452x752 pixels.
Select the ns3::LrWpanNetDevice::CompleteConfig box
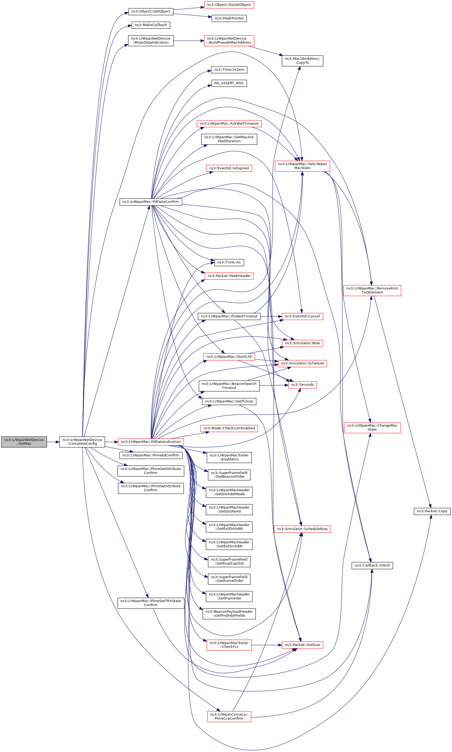pyautogui.click(x=82, y=442)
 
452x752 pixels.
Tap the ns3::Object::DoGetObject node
pyautogui.click(x=229, y=5)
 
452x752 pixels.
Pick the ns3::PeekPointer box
pyautogui.click(x=229, y=18)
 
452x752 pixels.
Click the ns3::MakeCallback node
pyautogui.click(x=151, y=25)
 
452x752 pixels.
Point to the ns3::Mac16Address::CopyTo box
pyautogui.click(x=302, y=61)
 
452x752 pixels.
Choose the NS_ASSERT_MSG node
pyautogui.click(x=229, y=83)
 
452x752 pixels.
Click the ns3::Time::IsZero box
pyautogui.click(x=229, y=70)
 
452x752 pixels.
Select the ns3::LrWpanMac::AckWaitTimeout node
pyautogui.click(x=229, y=123)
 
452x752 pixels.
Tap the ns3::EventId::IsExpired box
pyautogui.click(x=229, y=168)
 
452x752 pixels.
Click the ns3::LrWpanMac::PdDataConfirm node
pyautogui.click(x=151, y=202)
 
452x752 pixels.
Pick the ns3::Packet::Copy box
pyautogui.click(x=432, y=511)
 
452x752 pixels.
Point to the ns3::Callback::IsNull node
pyautogui.click(x=372, y=565)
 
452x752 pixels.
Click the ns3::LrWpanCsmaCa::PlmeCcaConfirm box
pyautogui.click(x=229, y=716)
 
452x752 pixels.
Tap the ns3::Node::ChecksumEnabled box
pyautogui.click(x=229, y=428)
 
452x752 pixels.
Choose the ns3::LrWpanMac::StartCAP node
pyautogui.click(x=229, y=356)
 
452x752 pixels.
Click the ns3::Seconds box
pyautogui.click(x=302, y=385)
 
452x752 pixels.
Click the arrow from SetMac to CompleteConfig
pyautogui.click(x=53, y=442)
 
